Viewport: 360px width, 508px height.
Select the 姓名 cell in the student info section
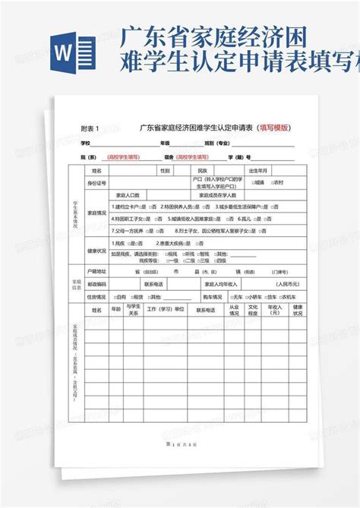click(96, 171)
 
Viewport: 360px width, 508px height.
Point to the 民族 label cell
click(201, 171)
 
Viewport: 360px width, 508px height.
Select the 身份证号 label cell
click(96, 183)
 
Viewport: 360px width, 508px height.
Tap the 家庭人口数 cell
click(127, 195)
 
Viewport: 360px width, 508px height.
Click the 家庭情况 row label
click(96, 213)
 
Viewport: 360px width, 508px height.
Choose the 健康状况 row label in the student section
click(96, 250)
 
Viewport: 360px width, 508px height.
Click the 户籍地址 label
click(96, 270)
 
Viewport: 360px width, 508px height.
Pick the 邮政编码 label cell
click(96, 283)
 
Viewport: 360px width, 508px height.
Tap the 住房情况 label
click(96, 296)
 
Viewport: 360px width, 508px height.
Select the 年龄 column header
click(116, 310)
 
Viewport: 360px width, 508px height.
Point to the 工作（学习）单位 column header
click(165, 310)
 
